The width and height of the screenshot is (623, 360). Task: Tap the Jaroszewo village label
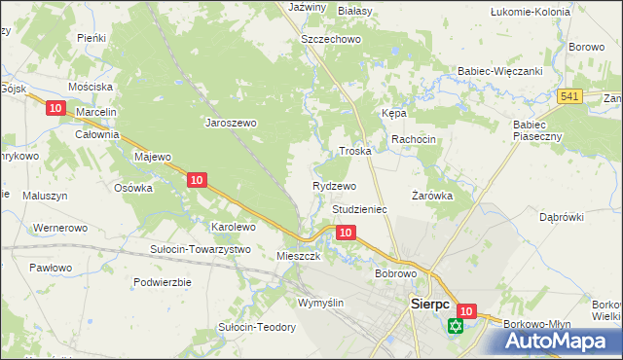230,124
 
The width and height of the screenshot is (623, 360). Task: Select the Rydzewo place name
334,185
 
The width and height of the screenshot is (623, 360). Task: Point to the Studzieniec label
360,209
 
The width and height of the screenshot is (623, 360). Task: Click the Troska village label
355,152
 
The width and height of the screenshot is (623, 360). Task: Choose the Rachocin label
414,140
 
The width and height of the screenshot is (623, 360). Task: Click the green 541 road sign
570,95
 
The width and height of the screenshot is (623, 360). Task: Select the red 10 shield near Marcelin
55,109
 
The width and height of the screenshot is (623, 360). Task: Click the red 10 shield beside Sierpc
466,311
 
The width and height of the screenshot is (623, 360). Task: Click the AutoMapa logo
554,340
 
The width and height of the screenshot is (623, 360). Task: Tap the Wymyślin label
321,303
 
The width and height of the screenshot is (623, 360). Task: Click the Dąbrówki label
561,217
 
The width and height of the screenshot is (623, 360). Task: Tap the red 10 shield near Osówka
197,179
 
